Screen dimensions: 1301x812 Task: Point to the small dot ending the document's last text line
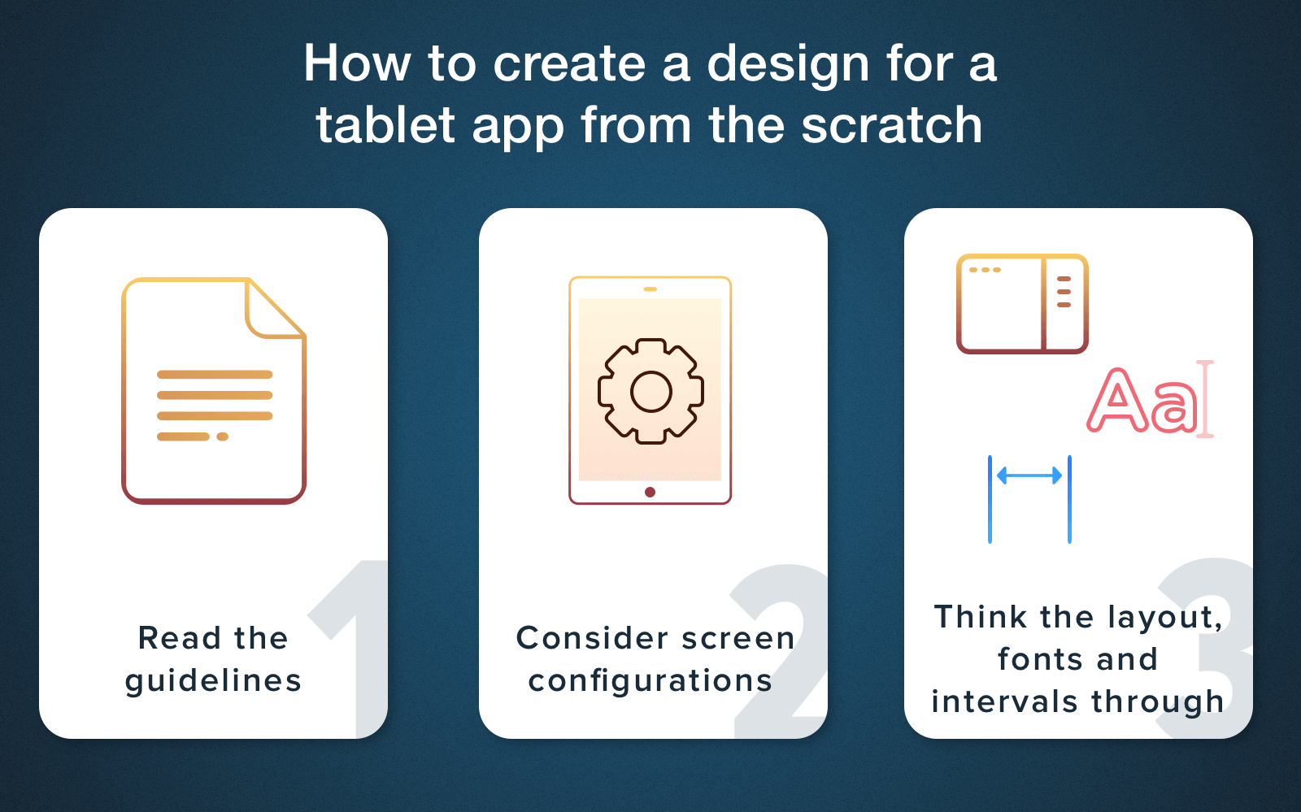(223, 436)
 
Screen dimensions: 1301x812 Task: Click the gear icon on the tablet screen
(650, 391)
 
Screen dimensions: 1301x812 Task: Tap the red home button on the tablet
(650, 493)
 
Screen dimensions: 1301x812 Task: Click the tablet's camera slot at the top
(650, 289)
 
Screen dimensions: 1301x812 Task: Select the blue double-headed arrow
(1029, 476)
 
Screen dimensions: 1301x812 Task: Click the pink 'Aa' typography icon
(1142, 402)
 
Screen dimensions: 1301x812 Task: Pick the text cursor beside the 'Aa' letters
(1206, 399)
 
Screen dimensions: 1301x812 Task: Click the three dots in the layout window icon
(985, 270)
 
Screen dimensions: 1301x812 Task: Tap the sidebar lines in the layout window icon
(1064, 292)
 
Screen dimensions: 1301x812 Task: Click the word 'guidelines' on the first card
(213, 681)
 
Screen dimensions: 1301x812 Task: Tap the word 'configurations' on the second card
(650, 681)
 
